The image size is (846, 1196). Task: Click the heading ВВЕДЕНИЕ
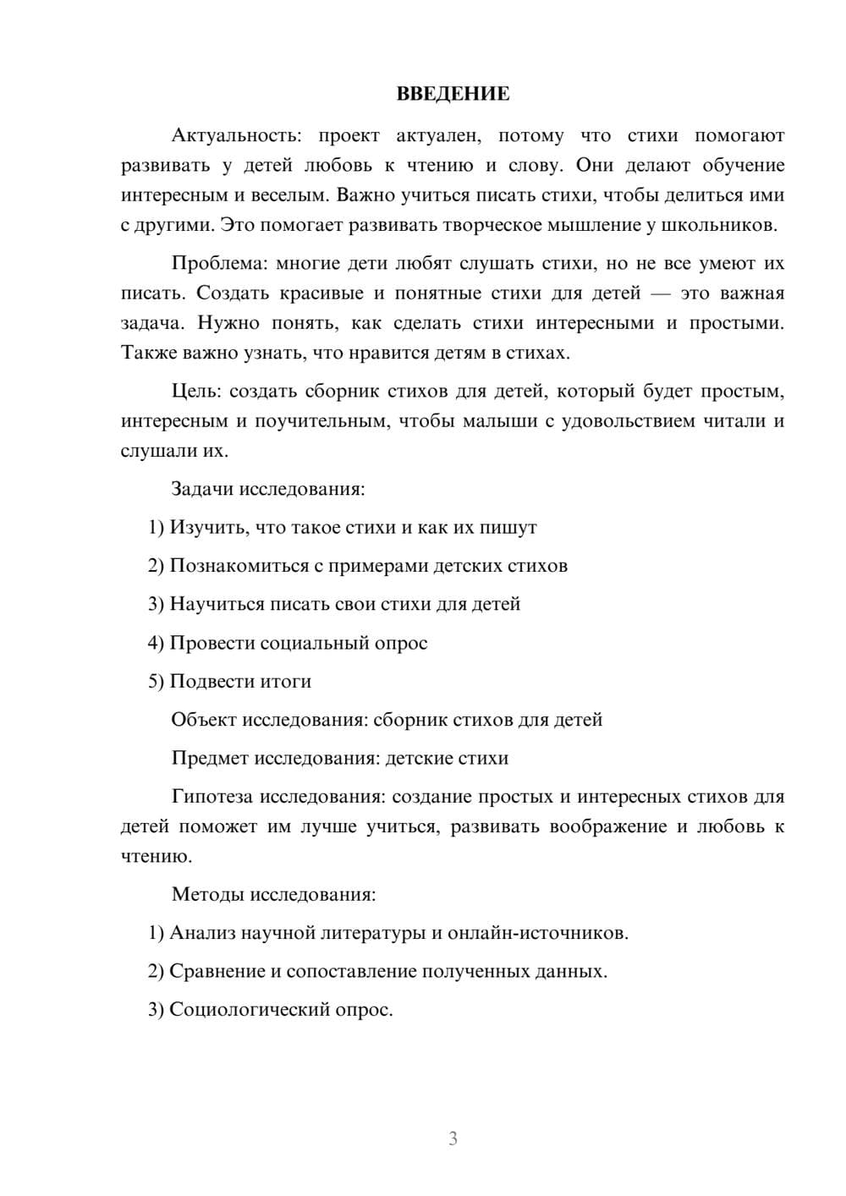[x=453, y=94]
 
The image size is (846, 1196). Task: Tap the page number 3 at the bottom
[x=453, y=1138]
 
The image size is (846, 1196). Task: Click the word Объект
[x=204, y=720]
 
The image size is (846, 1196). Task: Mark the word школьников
[x=725, y=226]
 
